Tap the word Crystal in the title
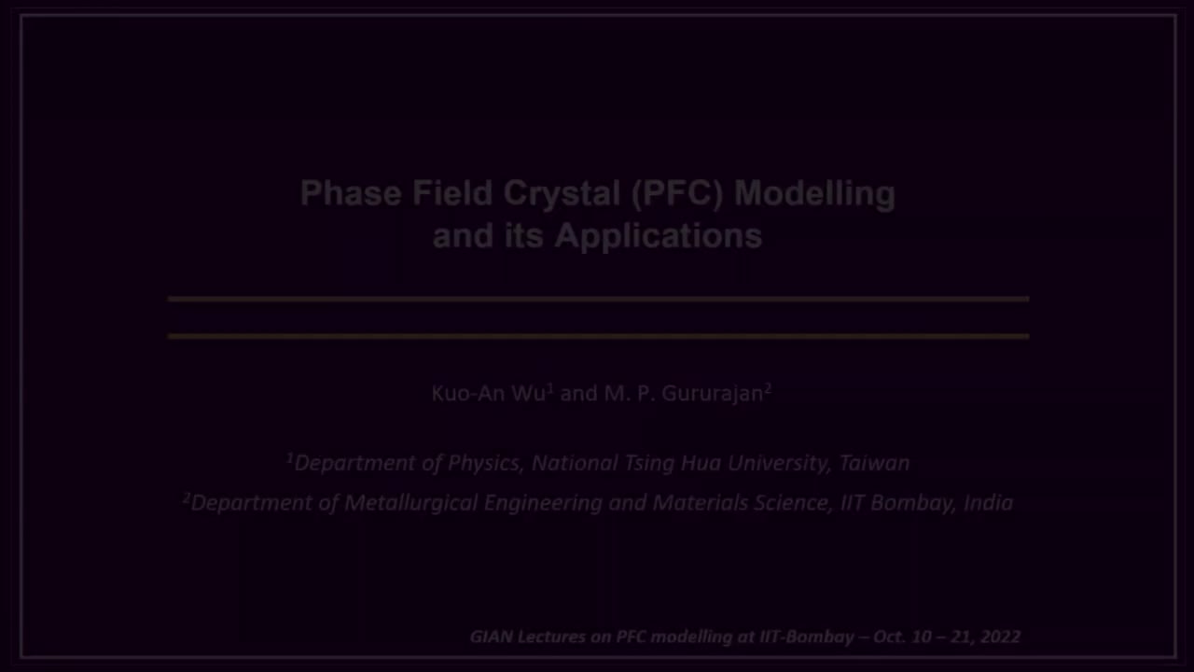coord(562,193)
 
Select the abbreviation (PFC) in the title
coord(677,193)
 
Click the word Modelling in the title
coord(814,193)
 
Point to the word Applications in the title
coord(658,235)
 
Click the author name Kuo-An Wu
coord(489,394)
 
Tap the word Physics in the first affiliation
coord(482,463)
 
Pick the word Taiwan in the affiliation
coord(873,463)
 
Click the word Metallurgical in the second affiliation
coord(410,503)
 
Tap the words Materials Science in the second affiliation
coord(740,503)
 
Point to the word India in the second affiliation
coord(988,503)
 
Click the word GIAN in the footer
coord(490,637)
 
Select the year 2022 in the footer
coord(1000,637)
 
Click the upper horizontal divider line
coord(597,299)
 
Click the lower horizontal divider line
coord(597,335)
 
